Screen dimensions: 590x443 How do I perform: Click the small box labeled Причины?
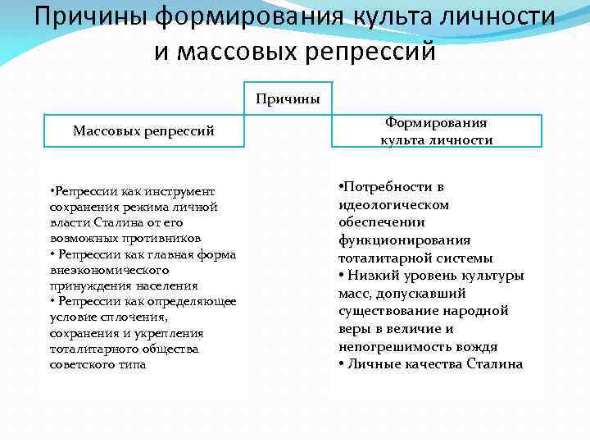click(287, 99)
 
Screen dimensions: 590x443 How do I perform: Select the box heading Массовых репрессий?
click(143, 130)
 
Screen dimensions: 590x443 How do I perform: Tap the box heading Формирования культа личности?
click(436, 131)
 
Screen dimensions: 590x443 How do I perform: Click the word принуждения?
click(84, 285)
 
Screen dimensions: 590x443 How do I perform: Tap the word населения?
click(168, 285)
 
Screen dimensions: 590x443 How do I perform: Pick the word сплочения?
click(140, 317)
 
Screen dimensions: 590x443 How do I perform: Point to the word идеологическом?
click(393, 204)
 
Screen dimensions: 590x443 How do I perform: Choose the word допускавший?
click(424, 294)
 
